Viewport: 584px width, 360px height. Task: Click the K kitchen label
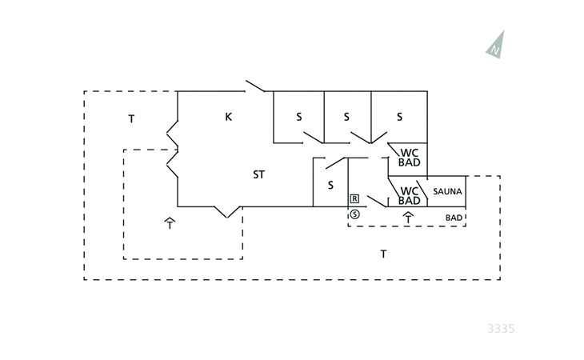[228, 117]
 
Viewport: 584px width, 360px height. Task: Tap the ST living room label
[259, 174]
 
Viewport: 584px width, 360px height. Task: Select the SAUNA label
[447, 191]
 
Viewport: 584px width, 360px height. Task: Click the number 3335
[501, 329]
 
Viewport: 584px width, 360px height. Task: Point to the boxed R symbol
[354, 199]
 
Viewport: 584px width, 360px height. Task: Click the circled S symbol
[355, 214]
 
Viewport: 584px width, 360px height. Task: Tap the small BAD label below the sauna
[454, 218]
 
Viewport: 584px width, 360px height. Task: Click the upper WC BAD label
[410, 158]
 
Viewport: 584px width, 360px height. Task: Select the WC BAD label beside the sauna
[410, 196]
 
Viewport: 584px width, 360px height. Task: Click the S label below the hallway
[330, 185]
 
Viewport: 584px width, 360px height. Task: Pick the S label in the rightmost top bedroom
[400, 117]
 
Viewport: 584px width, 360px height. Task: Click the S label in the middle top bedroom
[346, 117]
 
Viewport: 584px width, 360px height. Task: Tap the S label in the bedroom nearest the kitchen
[299, 117]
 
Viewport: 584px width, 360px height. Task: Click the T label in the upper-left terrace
[131, 119]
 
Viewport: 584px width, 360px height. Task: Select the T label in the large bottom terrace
[383, 254]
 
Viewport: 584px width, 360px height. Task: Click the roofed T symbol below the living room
[170, 223]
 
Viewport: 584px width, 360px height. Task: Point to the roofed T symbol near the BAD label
[409, 218]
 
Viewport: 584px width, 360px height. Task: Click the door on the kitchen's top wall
[254, 86]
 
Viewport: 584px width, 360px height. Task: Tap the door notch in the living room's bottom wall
[227, 212]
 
